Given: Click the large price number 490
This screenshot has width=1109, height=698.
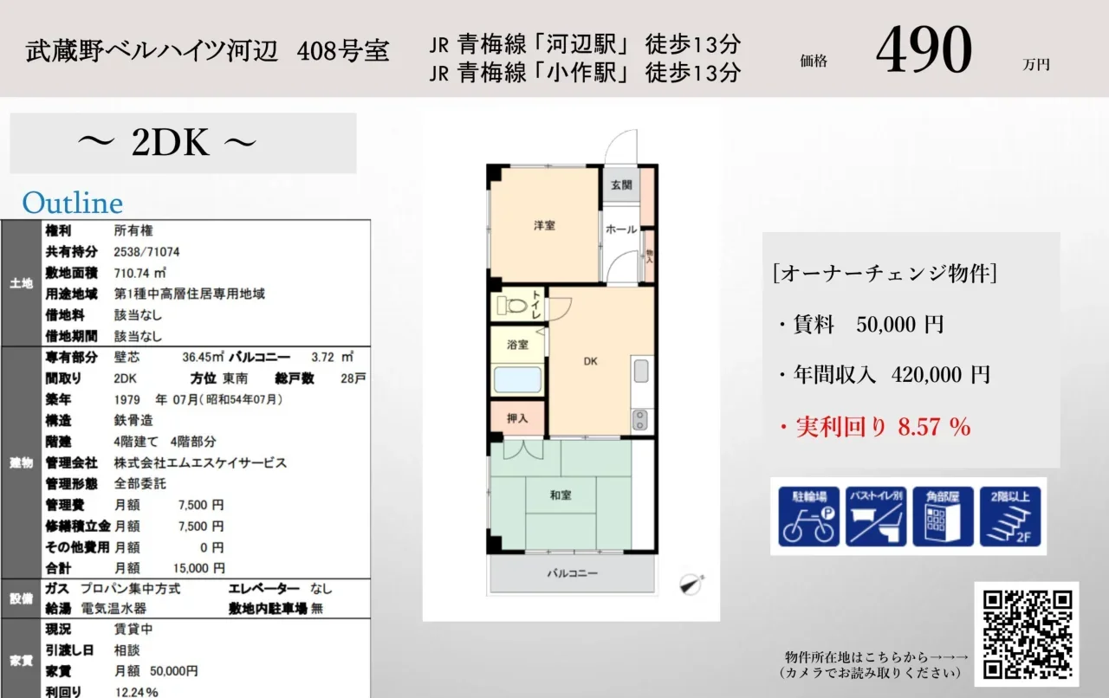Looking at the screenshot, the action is coord(924,49).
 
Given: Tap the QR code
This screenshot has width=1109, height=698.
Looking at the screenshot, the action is coord(1027,634).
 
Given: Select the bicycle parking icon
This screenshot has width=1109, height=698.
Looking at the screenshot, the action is coord(808,516).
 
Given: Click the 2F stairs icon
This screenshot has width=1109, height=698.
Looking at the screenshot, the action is coord(1010,516).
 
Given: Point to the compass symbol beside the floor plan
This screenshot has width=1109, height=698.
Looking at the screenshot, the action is coord(691,585).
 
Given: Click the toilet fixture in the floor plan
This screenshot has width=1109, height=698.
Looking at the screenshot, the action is coord(512,305).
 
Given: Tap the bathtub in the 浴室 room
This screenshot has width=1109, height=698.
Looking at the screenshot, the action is coord(517,379).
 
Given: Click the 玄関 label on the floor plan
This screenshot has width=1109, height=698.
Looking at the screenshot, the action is coord(621,185).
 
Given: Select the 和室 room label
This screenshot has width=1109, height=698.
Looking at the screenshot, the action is coord(561,495).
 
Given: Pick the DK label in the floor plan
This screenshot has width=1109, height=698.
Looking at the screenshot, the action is coord(590,361).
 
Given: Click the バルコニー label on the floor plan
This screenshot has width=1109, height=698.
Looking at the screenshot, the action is coord(573,573).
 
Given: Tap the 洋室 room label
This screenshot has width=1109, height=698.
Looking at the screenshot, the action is coord(544,226).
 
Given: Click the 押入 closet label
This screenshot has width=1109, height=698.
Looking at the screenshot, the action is coord(517,419).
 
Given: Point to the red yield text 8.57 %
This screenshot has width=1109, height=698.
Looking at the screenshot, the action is coord(934,427).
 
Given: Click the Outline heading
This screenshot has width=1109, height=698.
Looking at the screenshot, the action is coord(72,203).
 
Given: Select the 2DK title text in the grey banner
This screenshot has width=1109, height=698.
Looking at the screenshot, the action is coord(169,143).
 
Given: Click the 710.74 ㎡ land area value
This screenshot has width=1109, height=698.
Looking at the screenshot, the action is coord(140,273).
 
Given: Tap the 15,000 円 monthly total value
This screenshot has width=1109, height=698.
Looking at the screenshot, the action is coord(198,568).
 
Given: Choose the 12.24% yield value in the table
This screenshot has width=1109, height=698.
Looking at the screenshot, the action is coord(137,692).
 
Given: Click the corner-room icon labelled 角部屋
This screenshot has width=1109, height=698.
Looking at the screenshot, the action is coord(943,516).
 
